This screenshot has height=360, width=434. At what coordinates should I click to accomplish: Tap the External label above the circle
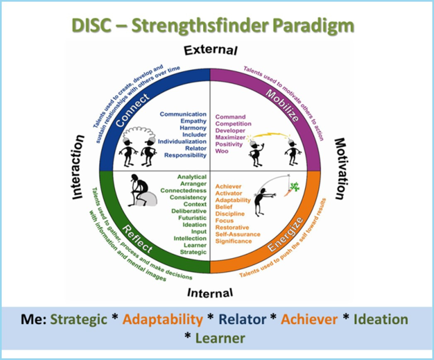click(211, 51)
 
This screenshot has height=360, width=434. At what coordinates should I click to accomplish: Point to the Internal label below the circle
click(210, 293)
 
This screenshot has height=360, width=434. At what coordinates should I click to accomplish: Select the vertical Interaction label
click(78, 167)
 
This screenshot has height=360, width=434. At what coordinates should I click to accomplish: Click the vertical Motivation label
click(341, 169)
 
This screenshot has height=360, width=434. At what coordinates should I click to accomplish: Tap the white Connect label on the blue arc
click(132, 110)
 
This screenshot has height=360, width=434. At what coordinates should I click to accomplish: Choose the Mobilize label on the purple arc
click(282, 105)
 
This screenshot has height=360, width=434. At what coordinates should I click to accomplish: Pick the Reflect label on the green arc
click(137, 239)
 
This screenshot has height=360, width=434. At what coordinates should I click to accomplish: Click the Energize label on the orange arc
click(286, 235)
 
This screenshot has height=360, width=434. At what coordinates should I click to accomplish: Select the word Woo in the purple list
click(222, 151)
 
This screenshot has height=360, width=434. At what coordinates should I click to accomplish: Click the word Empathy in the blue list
click(194, 121)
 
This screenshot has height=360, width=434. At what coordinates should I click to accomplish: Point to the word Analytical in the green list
click(192, 177)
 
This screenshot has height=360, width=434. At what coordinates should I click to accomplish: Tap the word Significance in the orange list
click(234, 241)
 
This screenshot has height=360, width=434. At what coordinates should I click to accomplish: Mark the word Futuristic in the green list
click(192, 218)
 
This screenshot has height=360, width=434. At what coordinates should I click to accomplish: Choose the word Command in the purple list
click(230, 117)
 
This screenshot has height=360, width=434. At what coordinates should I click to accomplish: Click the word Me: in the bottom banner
click(34, 319)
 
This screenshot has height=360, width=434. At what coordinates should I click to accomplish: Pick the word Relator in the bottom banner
click(242, 319)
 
